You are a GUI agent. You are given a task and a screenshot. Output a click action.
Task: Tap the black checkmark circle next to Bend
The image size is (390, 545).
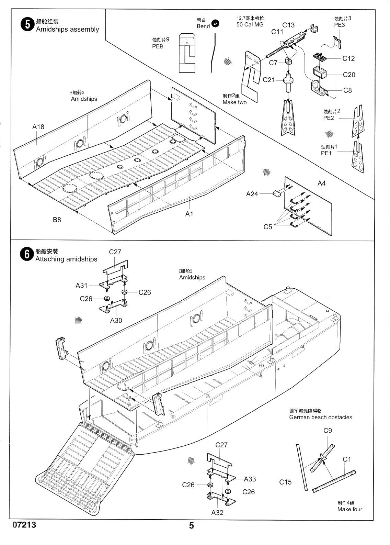pyautogui.click(x=216, y=23)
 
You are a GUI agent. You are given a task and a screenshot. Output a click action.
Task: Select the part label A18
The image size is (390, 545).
pyautogui.click(x=38, y=127)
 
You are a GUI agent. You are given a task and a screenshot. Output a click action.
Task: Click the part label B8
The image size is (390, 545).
pyautogui.click(x=57, y=220)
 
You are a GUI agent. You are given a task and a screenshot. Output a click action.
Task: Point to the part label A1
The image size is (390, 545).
pyautogui.click(x=189, y=214)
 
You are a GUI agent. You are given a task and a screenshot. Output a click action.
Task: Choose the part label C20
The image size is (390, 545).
pyautogui.click(x=349, y=75)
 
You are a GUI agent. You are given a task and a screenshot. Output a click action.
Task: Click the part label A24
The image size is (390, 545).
pyautogui.click(x=252, y=194)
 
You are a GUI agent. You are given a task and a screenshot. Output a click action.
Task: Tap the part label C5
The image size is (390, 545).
pyautogui.click(x=267, y=226)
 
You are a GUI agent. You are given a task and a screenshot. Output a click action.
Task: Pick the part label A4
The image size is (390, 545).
pyautogui.click(x=321, y=183)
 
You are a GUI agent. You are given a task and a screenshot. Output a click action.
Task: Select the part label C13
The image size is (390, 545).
pyautogui.click(x=288, y=25)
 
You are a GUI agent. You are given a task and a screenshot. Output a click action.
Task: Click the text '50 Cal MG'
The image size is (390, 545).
pyautogui.click(x=250, y=24)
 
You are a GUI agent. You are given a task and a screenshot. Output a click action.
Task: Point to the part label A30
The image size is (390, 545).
pyautogui.click(x=116, y=320)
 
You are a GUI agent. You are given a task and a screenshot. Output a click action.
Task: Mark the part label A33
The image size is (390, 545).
pyautogui.click(x=250, y=479)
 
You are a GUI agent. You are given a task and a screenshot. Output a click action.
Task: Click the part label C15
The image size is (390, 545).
pyautogui.click(x=286, y=482)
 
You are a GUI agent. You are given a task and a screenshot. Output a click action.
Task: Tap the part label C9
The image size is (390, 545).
pyautogui.click(x=328, y=431)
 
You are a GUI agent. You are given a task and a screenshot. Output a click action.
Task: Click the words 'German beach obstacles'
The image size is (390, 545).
pyautogui.click(x=321, y=417)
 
